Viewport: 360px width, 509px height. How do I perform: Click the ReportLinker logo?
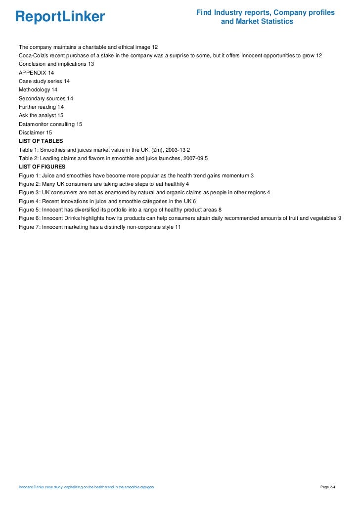[60, 17]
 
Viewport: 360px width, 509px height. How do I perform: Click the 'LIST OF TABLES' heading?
[41, 141]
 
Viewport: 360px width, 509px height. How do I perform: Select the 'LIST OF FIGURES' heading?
[42, 167]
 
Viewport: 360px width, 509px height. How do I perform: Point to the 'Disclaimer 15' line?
[35, 132]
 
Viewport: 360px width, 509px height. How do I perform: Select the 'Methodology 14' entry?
[38, 89]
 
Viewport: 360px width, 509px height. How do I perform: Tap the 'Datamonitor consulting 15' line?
[50, 124]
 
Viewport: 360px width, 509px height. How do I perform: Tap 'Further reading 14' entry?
[41, 107]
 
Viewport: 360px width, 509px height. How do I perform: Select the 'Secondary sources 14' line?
[45, 98]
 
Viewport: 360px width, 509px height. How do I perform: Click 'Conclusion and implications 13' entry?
[56, 64]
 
